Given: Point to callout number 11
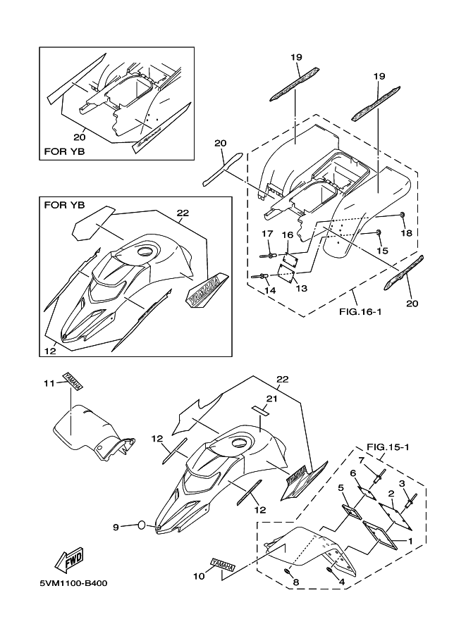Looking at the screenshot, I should click(x=49, y=383).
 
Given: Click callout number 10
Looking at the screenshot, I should click(x=199, y=576).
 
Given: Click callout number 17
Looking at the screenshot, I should click(x=268, y=234).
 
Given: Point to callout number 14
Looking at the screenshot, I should click(x=269, y=289).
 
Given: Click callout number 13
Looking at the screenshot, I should click(x=300, y=289).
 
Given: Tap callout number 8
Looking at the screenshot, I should click(x=296, y=582).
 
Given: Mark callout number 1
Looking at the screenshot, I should click(x=411, y=540).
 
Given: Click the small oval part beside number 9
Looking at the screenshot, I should click(x=142, y=525).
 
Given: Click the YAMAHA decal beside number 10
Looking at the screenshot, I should click(x=221, y=565).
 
